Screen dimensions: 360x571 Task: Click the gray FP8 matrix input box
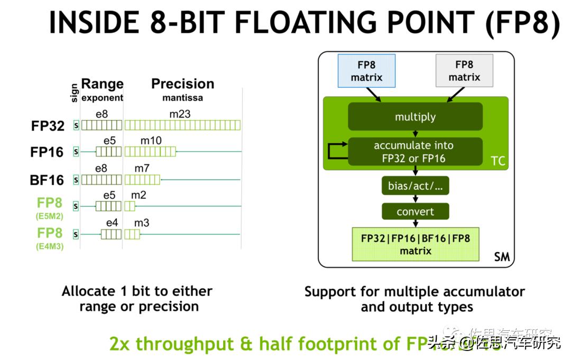[x=464, y=71]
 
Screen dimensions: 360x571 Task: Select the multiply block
[x=415, y=117]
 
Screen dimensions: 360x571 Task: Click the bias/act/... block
[x=415, y=186]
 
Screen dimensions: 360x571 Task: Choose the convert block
[x=415, y=212]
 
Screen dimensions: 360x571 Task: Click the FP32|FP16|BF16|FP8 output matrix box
[x=415, y=244]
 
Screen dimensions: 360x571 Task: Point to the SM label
[x=501, y=257]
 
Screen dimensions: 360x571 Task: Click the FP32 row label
[x=47, y=126]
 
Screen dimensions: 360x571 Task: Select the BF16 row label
[x=47, y=180]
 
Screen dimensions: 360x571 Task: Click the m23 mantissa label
[x=180, y=114]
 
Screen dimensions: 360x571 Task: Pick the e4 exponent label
[x=112, y=223]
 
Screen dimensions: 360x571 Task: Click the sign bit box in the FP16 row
[x=76, y=152]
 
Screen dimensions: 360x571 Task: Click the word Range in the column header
[x=102, y=84]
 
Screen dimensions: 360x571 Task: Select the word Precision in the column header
[x=182, y=84]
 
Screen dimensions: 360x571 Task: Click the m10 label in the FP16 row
[x=151, y=141]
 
